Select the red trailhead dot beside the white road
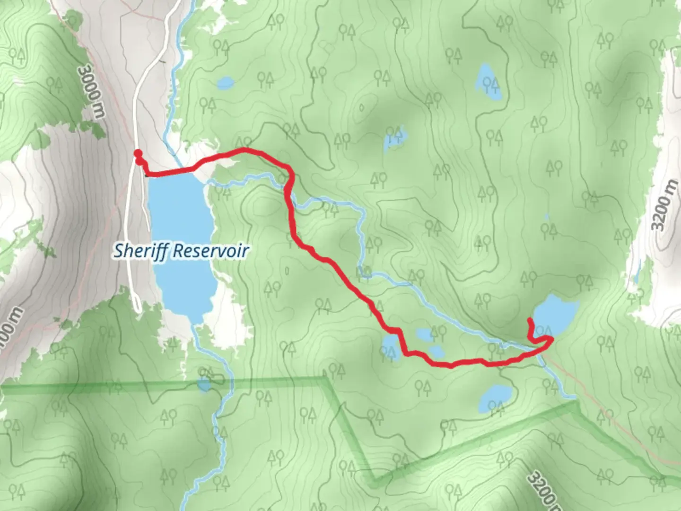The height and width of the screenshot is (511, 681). [x=138, y=153]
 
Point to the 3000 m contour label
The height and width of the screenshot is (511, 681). [x=92, y=92]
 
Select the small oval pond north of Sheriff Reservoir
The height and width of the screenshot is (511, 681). [x=225, y=84]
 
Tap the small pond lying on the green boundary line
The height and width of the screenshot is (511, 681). [x=204, y=384]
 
